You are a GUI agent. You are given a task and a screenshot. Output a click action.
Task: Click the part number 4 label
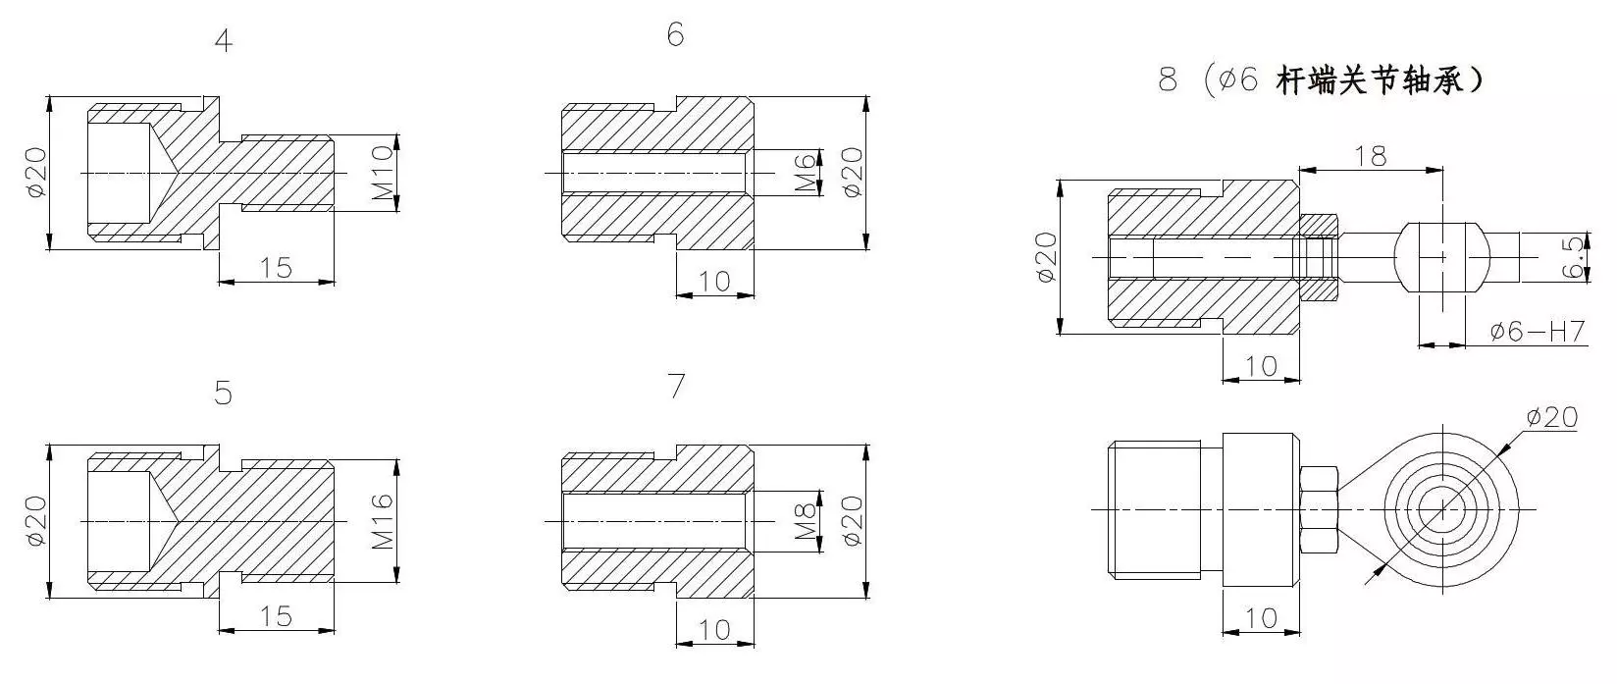[224, 40]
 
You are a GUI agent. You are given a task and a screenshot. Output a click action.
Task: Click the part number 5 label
[224, 393]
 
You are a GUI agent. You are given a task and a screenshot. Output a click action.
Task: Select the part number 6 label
[676, 34]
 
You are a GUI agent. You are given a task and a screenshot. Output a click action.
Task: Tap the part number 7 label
[676, 386]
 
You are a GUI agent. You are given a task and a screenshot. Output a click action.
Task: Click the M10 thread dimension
[383, 173]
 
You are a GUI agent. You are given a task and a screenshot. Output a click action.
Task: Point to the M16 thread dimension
[383, 521]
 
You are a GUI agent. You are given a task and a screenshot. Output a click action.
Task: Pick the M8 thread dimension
[807, 521]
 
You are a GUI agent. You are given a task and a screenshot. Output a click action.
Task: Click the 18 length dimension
[1370, 156]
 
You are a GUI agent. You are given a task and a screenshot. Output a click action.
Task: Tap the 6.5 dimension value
[1575, 257]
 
